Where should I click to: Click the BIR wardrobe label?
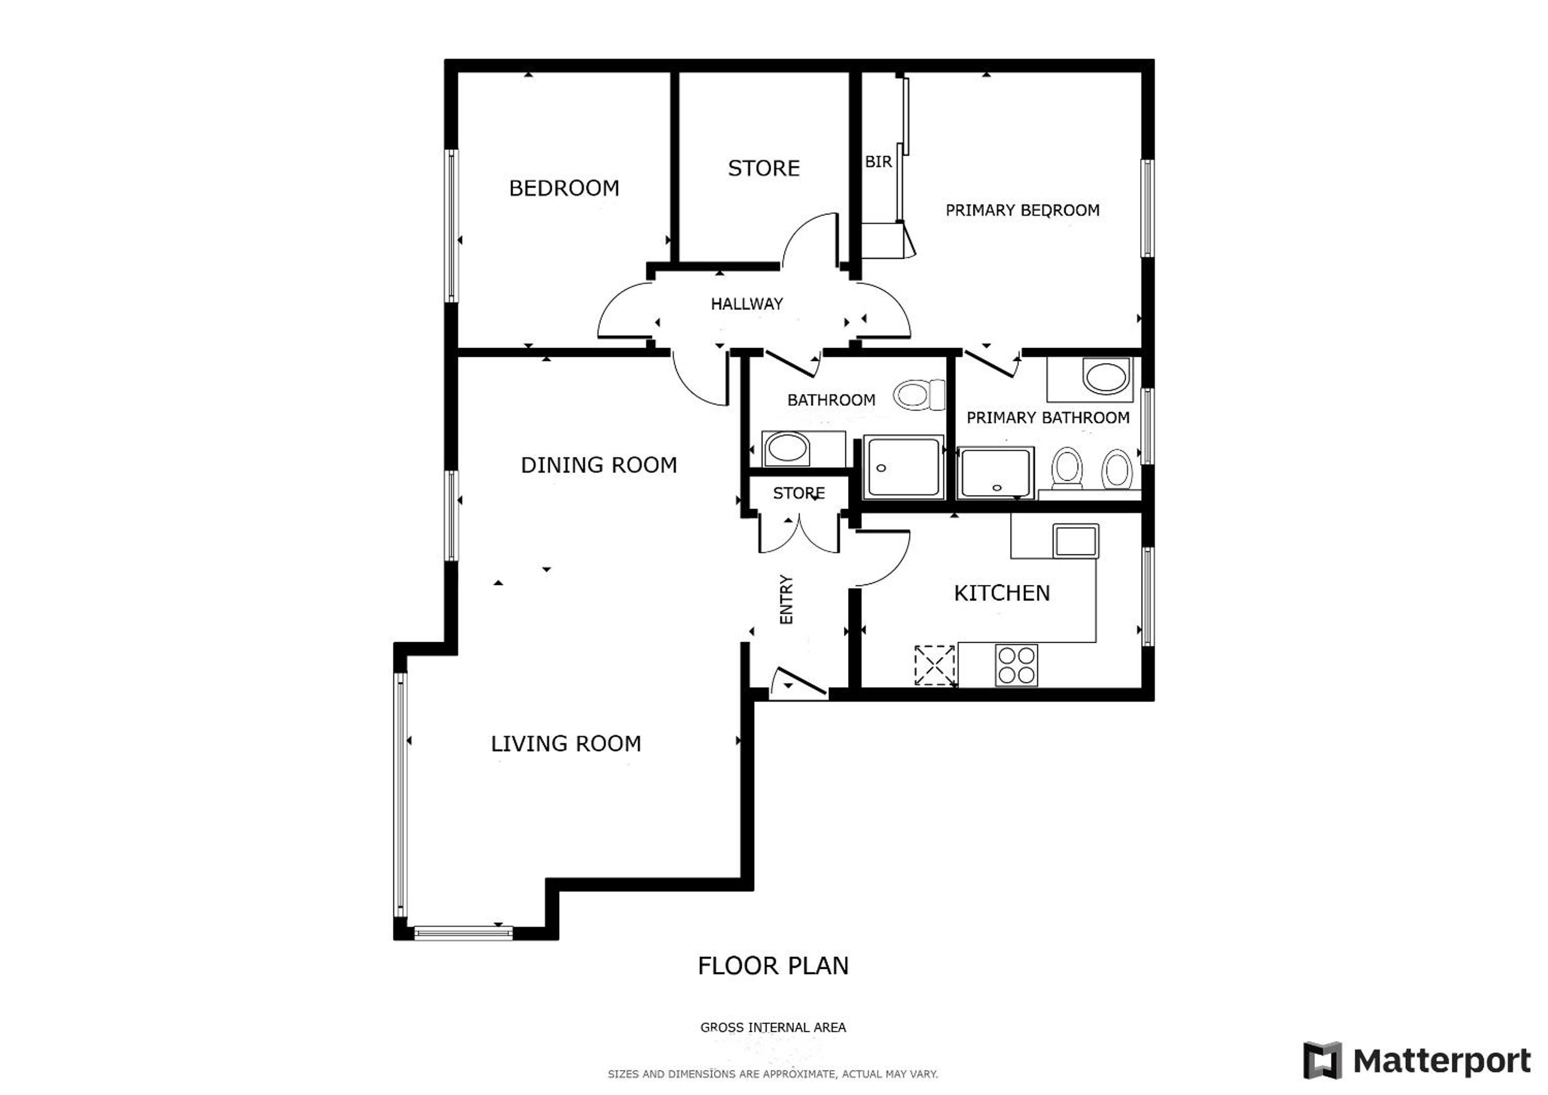(879, 162)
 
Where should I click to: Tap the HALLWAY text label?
(747, 304)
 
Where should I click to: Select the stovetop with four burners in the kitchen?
(1016, 666)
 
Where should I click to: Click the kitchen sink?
(1076, 541)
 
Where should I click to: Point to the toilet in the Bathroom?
(919, 395)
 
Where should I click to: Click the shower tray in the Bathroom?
(904, 467)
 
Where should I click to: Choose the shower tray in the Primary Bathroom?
(995, 473)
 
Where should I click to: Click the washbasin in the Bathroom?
(787, 449)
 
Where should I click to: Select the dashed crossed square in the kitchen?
(935, 666)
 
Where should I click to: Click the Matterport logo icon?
(1322, 1061)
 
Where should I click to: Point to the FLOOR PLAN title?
(773, 966)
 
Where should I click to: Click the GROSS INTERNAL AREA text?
(773, 1028)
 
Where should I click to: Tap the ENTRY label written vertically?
(786, 599)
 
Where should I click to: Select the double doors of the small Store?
(799, 533)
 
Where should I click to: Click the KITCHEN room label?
(1002, 593)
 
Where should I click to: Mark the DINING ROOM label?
(599, 465)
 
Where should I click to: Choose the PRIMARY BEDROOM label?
(1022, 210)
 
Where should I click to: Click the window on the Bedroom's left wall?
(453, 226)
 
